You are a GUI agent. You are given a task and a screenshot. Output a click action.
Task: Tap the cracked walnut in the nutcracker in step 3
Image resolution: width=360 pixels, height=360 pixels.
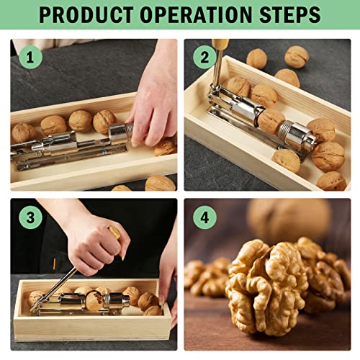pos(84,295)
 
